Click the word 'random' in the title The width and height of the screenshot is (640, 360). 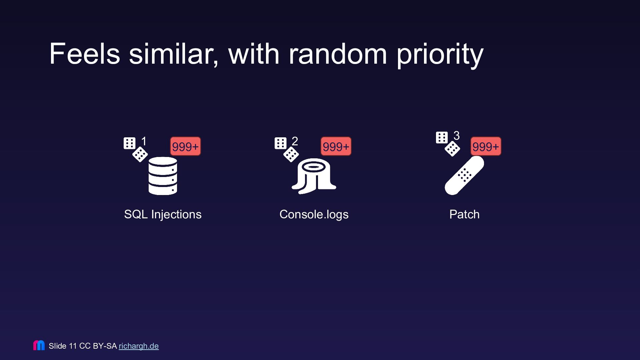pos(338,54)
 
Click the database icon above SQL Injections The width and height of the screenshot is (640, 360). pos(163,176)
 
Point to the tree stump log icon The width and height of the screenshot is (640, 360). pos(314,176)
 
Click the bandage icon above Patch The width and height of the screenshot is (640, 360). pos(464,175)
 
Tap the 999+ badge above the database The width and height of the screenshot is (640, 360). pos(185,146)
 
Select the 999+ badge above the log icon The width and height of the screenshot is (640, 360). pos(336,146)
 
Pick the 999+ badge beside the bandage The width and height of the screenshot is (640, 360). pos(486,146)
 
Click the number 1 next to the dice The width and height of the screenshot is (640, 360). pos(144,141)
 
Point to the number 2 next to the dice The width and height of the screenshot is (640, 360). pos(295,141)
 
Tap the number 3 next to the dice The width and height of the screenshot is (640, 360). pos(456,136)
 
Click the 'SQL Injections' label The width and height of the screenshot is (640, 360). pos(163,214)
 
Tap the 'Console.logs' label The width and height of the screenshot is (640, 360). pos(314,215)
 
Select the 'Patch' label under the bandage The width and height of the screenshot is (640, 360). pos(464,214)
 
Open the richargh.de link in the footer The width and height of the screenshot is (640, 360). pos(139,346)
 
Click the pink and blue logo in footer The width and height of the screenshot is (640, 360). pos(39,345)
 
